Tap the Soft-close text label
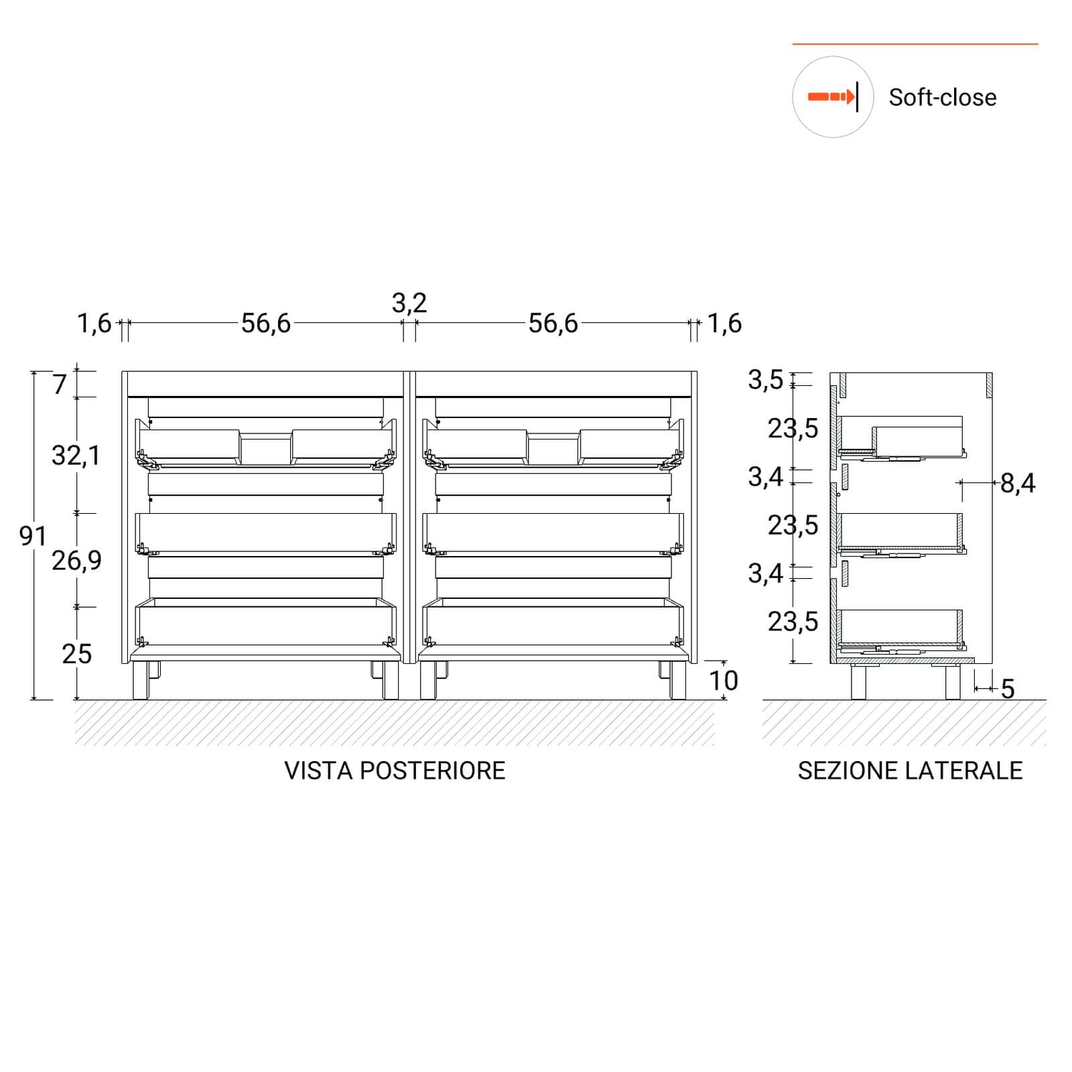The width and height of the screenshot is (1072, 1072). pyautogui.click(x=942, y=98)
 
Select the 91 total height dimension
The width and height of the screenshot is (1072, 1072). pyautogui.click(x=33, y=536)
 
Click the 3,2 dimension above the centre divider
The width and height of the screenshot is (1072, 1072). pyautogui.click(x=409, y=304)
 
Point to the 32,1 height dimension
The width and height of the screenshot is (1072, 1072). pyautogui.click(x=76, y=456)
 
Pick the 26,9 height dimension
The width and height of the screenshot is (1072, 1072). pyautogui.click(x=76, y=560)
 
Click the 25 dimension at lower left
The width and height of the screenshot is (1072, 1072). pyautogui.click(x=76, y=654)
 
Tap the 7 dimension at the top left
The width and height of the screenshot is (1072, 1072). pyautogui.click(x=60, y=385)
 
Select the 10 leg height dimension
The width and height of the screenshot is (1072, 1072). pyautogui.click(x=724, y=681)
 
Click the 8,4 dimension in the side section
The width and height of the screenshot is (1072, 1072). pyautogui.click(x=1018, y=483)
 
